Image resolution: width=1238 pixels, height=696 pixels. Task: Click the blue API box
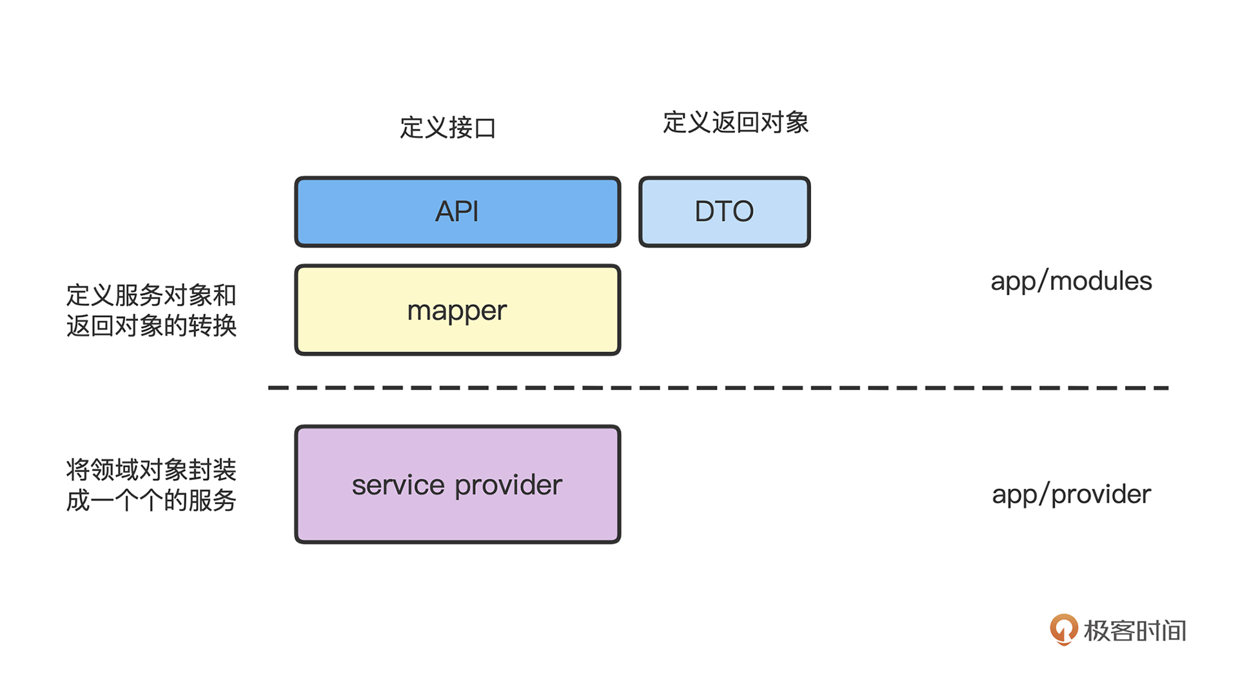coord(458,212)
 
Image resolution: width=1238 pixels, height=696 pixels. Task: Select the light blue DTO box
coord(725,212)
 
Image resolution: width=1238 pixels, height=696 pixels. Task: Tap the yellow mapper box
coord(458,310)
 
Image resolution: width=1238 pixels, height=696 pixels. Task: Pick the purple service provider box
coord(458,485)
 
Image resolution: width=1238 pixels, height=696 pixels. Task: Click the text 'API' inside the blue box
coord(457,211)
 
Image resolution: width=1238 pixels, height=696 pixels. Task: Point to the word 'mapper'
coord(457,311)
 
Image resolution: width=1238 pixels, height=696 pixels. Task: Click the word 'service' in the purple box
coord(398,485)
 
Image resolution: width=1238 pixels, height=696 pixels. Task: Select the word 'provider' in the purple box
coord(509,486)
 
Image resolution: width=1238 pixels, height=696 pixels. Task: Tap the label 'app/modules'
coord(1071,282)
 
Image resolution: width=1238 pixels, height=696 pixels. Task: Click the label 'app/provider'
coord(1071,495)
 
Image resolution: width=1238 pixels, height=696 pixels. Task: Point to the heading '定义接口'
coord(448,128)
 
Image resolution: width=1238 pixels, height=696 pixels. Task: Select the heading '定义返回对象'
coord(736,122)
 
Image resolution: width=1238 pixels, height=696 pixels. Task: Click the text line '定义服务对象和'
coord(152,295)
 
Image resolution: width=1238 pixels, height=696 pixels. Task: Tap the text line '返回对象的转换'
coord(152,325)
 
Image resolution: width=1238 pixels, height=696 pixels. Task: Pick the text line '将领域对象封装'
coord(152,470)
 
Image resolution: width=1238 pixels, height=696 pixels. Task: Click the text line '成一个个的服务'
coord(152,500)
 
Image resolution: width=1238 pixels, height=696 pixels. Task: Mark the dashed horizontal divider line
coord(718,388)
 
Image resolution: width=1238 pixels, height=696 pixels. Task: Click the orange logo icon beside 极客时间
coord(1063,629)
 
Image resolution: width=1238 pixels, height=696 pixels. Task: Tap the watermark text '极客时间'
coord(1135,631)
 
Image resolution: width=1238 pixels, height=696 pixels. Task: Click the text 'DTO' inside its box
coord(724,211)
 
